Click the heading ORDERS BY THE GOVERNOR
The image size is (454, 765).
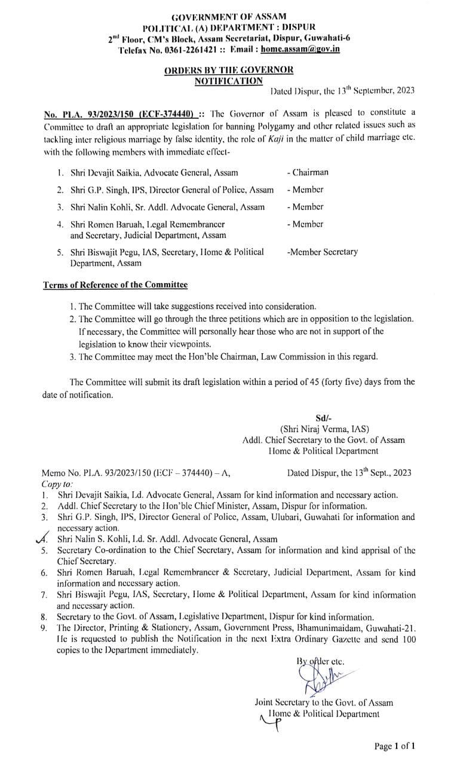tap(229, 70)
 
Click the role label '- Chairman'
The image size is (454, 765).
tap(307, 173)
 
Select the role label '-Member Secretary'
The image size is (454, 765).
tap(322, 252)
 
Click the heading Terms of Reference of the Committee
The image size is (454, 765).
tap(115, 285)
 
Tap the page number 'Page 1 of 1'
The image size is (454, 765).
tap(394, 746)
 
